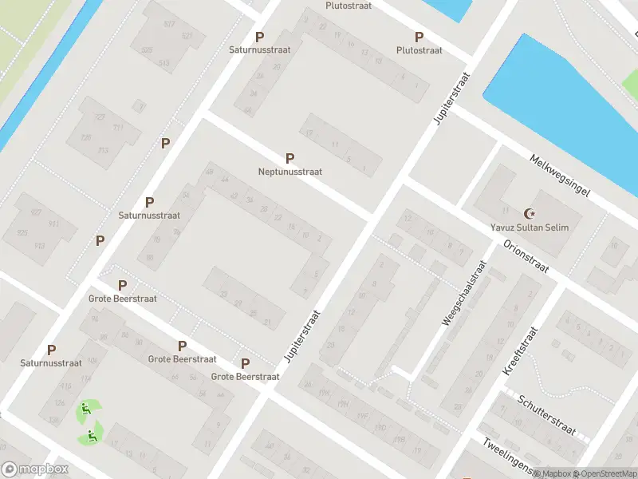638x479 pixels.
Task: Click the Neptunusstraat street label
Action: (x=289, y=172)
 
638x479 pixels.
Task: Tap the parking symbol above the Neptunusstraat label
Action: (x=289, y=159)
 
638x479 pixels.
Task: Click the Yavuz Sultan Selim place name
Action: (x=529, y=227)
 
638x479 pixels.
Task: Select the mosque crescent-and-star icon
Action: (x=529, y=213)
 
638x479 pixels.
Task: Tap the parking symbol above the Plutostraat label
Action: (x=419, y=37)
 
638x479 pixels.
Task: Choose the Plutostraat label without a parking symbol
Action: (x=346, y=5)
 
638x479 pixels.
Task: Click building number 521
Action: (x=187, y=37)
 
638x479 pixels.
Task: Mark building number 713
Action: (x=103, y=150)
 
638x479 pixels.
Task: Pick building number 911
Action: (x=54, y=224)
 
